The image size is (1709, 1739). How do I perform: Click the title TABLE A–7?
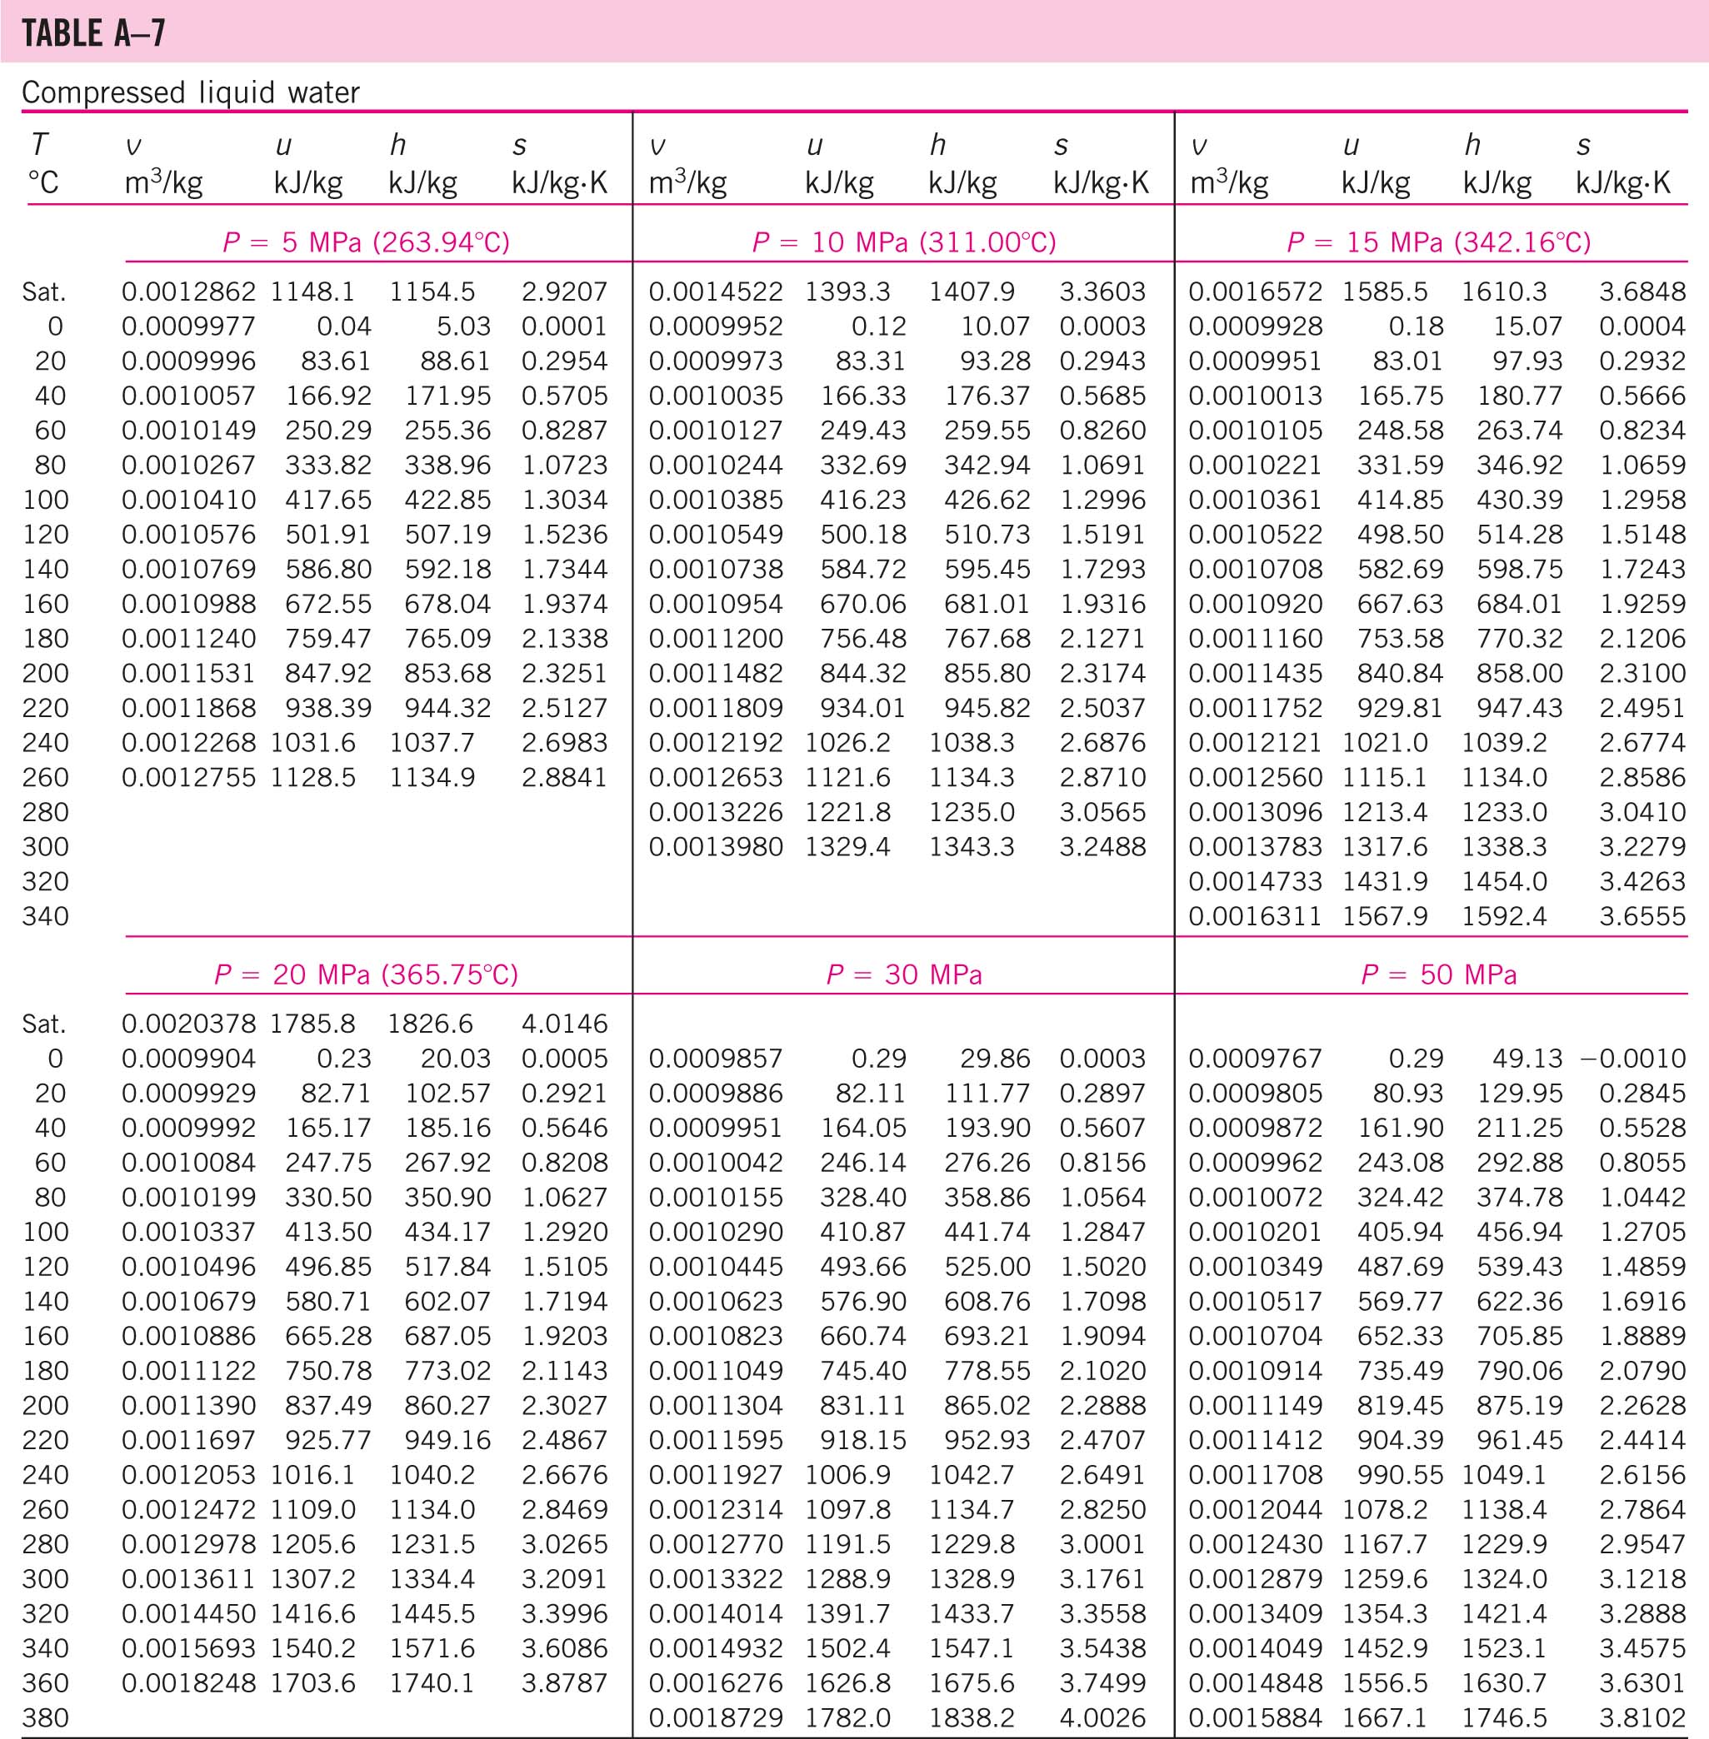tap(93, 34)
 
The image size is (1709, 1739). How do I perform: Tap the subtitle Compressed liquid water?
tap(190, 92)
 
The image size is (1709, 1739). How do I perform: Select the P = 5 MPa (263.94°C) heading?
tap(367, 242)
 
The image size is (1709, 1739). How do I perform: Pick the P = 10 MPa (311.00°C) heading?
tap(904, 242)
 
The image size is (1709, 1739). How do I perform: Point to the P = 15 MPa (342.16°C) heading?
tap(1438, 242)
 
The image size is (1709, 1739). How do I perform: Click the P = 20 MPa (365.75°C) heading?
tap(367, 974)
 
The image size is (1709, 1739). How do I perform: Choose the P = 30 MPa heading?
tap(904, 974)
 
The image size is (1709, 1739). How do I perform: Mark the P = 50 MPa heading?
tap(1438, 974)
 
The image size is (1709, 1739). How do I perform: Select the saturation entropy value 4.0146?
tap(563, 1024)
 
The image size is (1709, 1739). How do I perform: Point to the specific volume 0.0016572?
tap(1255, 291)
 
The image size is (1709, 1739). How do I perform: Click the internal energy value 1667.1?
tap(1384, 1718)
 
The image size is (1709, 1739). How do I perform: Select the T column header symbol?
tap(38, 144)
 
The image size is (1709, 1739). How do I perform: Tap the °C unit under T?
tap(42, 183)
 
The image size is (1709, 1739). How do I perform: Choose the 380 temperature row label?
tap(45, 1718)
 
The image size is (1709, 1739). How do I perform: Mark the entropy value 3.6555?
tap(1642, 916)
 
